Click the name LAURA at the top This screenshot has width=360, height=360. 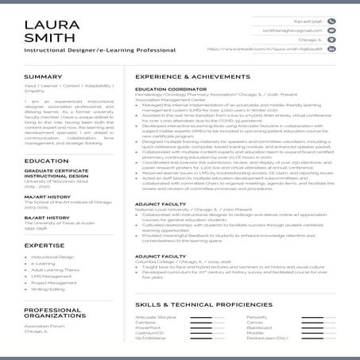tap(47, 22)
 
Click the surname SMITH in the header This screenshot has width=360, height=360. tap(44, 37)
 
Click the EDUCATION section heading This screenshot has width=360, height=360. tap(46, 161)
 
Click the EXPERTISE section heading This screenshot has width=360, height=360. tap(44, 246)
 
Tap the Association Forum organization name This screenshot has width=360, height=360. tap(45, 325)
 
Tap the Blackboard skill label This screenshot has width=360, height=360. tap(259, 327)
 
